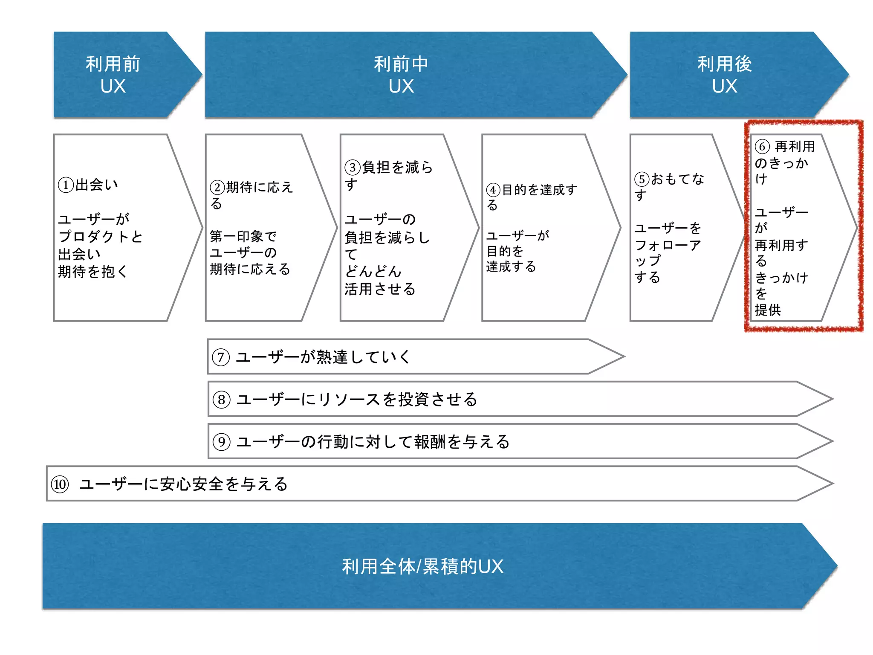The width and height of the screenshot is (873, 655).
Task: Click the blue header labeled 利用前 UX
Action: (x=113, y=75)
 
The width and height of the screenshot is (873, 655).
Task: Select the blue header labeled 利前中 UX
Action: (x=401, y=75)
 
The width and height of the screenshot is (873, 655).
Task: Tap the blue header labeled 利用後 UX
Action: (x=725, y=75)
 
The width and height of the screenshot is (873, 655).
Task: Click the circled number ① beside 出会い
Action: (x=66, y=185)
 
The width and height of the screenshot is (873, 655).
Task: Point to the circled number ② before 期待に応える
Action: (x=217, y=188)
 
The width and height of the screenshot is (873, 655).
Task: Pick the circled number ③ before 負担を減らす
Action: (x=353, y=167)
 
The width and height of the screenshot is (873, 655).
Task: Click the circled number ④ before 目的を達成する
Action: (x=493, y=190)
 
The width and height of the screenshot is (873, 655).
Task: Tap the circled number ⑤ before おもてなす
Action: (x=642, y=180)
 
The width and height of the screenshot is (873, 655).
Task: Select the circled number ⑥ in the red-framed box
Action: (x=762, y=147)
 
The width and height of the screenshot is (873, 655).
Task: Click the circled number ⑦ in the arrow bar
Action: (x=221, y=357)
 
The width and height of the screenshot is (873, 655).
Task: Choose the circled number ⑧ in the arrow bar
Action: (x=222, y=400)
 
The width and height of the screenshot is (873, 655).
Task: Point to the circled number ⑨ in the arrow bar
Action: (x=222, y=442)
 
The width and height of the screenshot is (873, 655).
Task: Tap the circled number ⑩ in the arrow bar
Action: (x=60, y=484)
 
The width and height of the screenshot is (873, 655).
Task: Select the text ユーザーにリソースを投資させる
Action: (x=357, y=400)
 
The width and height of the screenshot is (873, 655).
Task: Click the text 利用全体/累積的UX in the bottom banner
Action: (x=422, y=567)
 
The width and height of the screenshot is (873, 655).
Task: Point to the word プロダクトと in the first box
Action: (x=101, y=237)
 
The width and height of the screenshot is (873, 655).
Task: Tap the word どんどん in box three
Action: (x=373, y=272)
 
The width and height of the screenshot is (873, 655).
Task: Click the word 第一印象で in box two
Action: (x=243, y=236)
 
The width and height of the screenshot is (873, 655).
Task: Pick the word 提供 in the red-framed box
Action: (x=768, y=310)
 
